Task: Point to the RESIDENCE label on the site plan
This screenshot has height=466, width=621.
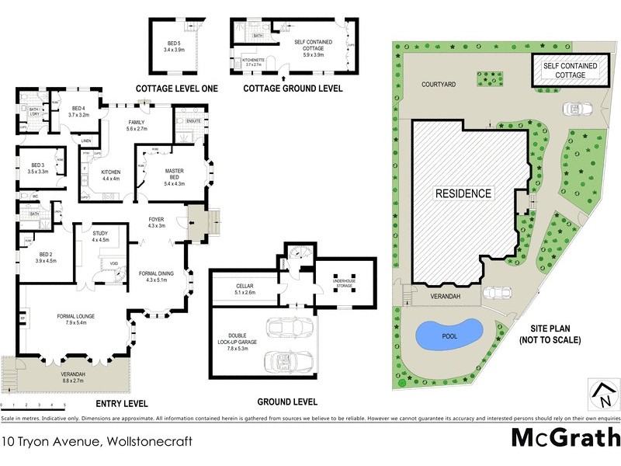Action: [463, 193]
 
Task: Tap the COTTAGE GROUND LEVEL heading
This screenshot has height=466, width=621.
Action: [293, 89]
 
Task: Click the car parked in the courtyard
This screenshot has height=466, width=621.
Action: [575, 108]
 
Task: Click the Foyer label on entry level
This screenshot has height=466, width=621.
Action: [156, 223]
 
